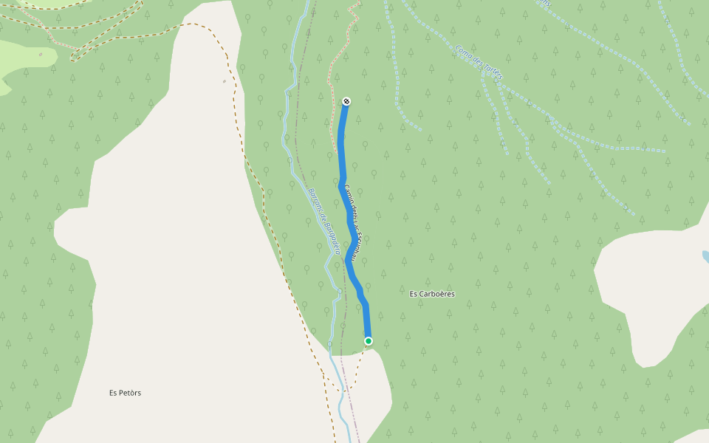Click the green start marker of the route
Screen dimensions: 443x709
368,340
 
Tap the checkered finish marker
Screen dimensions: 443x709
346,101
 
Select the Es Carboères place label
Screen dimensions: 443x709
432,294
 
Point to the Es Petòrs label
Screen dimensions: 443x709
125,393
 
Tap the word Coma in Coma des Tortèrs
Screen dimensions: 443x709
464,51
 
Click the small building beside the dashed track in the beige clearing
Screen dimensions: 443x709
224,81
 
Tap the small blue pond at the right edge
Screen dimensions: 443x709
705,256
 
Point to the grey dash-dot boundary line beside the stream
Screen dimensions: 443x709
298,148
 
